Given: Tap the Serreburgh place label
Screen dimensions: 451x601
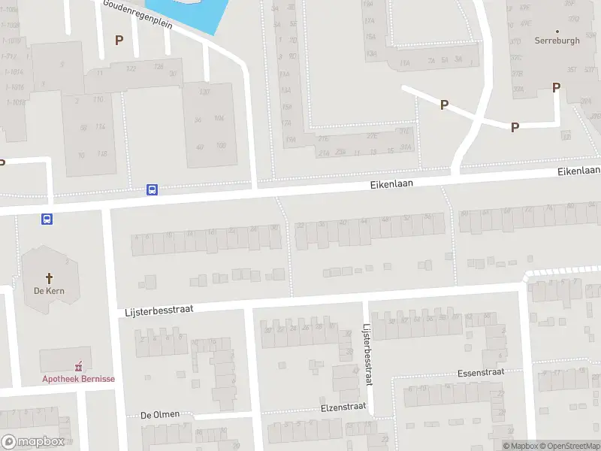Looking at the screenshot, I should pos(557,41).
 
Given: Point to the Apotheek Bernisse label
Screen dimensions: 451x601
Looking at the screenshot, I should pos(78,379).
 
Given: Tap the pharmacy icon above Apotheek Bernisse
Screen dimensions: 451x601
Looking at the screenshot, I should pos(78,366).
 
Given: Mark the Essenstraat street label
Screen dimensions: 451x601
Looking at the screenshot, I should pos(480,372).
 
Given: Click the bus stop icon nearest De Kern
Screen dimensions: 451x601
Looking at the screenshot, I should pos(47,219).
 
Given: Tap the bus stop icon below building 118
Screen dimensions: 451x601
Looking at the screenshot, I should pos(152,190).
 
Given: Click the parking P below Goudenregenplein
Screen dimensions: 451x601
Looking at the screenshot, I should pos(118,40).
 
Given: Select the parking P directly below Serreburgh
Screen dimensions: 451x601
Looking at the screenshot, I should pos(556,87).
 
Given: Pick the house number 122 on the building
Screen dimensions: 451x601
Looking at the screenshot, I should pos(131,68).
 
